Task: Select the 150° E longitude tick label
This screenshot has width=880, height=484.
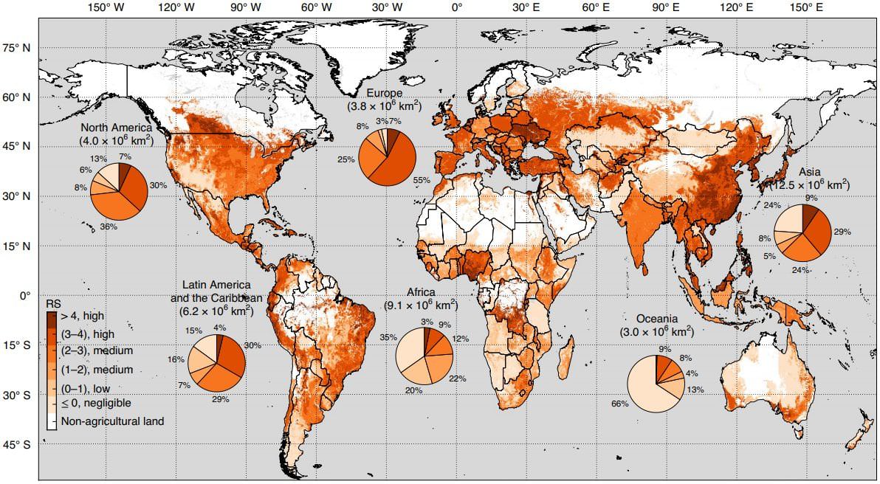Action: [x=805, y=7]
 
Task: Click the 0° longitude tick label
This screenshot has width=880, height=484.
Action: [x=457, y=7]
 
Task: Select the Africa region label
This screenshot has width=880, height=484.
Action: [x=421, y=292]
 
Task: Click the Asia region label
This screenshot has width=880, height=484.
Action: [x=810, y=171]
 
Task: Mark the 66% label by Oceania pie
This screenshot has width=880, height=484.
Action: [x=618, y=404]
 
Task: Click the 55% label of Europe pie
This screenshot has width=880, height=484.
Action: [x=422, y=179]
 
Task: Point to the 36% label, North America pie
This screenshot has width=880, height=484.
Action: [x=109, y=227]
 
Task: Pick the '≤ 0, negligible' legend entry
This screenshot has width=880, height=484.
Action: [x=96, y=404]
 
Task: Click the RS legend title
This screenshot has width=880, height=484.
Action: [x=52, y=304]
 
